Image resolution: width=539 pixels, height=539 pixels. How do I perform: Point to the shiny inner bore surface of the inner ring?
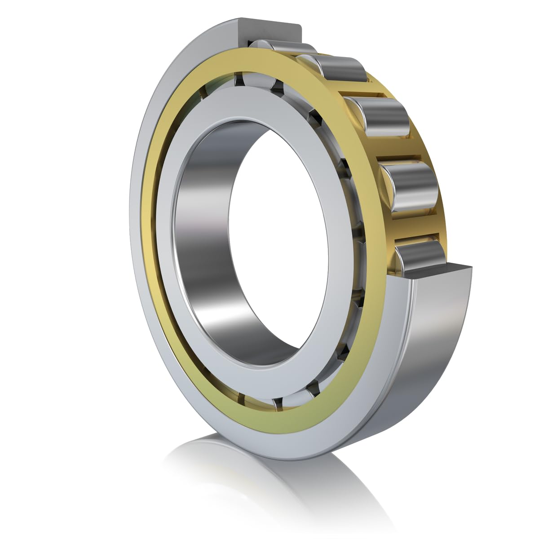click(202, 225)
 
